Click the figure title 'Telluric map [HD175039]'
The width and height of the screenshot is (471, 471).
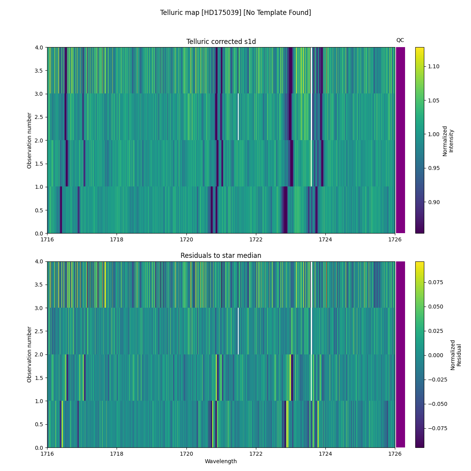235,13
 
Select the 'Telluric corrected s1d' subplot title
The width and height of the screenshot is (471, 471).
221,42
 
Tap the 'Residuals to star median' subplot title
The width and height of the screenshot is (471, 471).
221,256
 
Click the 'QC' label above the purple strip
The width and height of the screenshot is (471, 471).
400,40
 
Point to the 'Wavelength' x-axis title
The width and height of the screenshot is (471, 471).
221,461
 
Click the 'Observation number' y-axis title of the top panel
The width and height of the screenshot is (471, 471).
29,140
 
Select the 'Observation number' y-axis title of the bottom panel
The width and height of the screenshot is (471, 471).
29,354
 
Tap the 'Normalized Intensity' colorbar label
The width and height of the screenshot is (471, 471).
448,141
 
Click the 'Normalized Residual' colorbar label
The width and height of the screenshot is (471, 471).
455,354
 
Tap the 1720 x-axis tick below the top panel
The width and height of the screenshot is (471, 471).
186,239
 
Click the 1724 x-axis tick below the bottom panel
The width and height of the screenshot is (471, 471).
325,453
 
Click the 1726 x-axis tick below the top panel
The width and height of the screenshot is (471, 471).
395,239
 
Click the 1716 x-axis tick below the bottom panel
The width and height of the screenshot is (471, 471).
47,453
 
